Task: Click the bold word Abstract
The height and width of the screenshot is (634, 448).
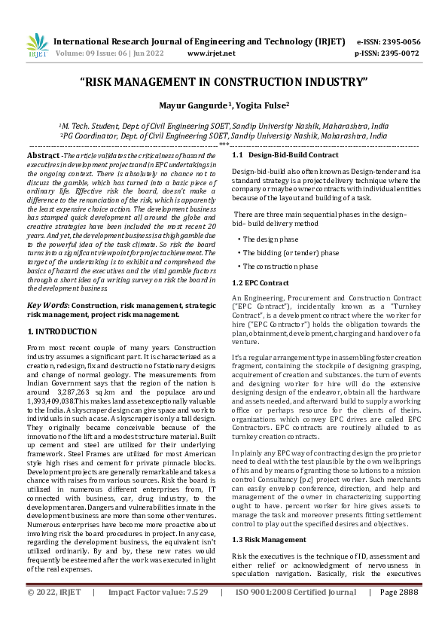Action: coord(43,154)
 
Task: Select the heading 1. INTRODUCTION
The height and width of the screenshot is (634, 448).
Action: coord(62,331)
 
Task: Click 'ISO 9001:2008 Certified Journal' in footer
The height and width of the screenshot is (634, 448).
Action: coord(296,614)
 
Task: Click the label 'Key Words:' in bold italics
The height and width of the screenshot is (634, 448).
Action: coord(48,306)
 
